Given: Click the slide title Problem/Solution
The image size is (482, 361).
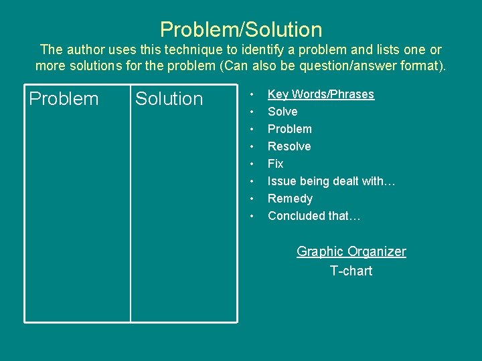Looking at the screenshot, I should click(241, 29).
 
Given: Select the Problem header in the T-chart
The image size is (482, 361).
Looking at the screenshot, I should click(64, 99).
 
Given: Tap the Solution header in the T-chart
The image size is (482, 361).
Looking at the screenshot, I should click(169, 99).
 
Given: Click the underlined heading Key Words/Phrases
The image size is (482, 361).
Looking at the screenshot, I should click(321, 94).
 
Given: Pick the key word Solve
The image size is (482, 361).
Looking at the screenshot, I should click(283, 112).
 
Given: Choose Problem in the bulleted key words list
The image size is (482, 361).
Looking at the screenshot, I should click(290, 129).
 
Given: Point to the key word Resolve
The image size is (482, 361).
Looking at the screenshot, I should click(289, 146).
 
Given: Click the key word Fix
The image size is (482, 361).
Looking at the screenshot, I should click(275, 164).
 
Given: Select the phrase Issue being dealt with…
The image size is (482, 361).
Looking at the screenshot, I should click(331, 181).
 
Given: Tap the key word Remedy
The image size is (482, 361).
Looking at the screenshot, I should click(290, 199).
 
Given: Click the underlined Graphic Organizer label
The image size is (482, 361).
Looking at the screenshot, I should click(351, 251).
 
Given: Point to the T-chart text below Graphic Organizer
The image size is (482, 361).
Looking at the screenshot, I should click(351, 271).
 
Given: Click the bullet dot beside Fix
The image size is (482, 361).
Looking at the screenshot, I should click(252, 164).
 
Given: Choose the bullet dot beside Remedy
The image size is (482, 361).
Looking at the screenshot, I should click(252, 199).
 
